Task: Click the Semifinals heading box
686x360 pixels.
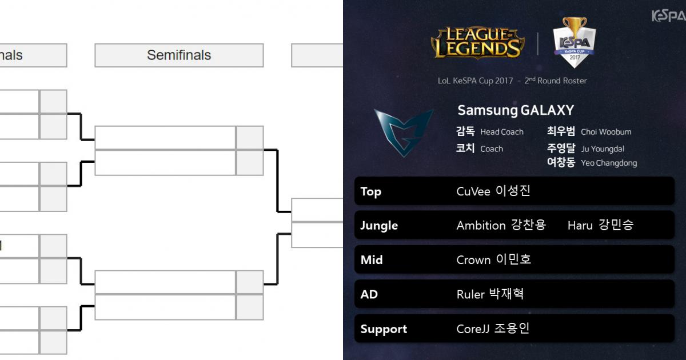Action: pos(179,55)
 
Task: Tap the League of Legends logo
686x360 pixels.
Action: pos(477,43)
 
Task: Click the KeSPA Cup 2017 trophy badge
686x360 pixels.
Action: pos(575,42)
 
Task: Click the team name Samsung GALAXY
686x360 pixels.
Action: pos(516,110)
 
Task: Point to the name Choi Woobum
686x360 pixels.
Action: pos(606,132)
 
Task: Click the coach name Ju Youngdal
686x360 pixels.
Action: pos(603,149)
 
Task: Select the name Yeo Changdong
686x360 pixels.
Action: pos(608,163)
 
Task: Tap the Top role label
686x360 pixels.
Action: pos(370,191)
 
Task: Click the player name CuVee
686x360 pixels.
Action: pos(473,191)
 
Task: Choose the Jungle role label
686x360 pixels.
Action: pos(379,226)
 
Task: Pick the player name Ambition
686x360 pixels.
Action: pos(481,226)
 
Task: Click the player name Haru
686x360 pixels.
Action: pos(580,226)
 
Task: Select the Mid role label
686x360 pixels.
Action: pos(372,260)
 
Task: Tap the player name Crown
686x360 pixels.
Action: pos(473,260)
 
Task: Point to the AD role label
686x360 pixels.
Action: pos(369,295)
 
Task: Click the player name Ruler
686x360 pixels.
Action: pos(470,295)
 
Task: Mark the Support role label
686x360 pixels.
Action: pos(384,329)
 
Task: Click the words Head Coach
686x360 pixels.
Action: pos(502,132)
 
